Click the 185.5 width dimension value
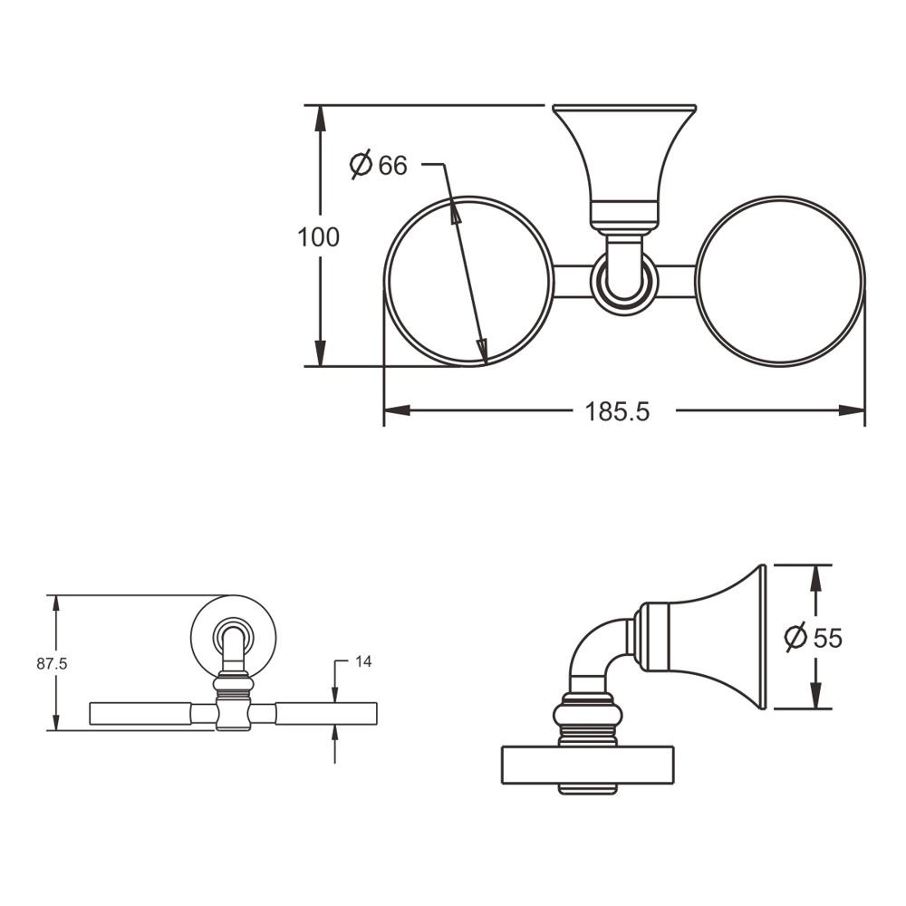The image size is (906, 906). pos(617,412)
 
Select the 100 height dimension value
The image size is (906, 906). pos(318,237)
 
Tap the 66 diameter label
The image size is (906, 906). pos(393,165)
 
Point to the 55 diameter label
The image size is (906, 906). pos(828,638)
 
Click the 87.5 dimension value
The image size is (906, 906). pos(52,664)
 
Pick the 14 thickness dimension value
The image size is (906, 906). pos(363,661)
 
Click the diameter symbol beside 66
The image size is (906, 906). pos(361,165)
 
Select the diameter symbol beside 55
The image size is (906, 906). pos(795,637)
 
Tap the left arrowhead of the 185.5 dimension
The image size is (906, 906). pos(397,410)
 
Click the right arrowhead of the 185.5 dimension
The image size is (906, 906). pos(853,410)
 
